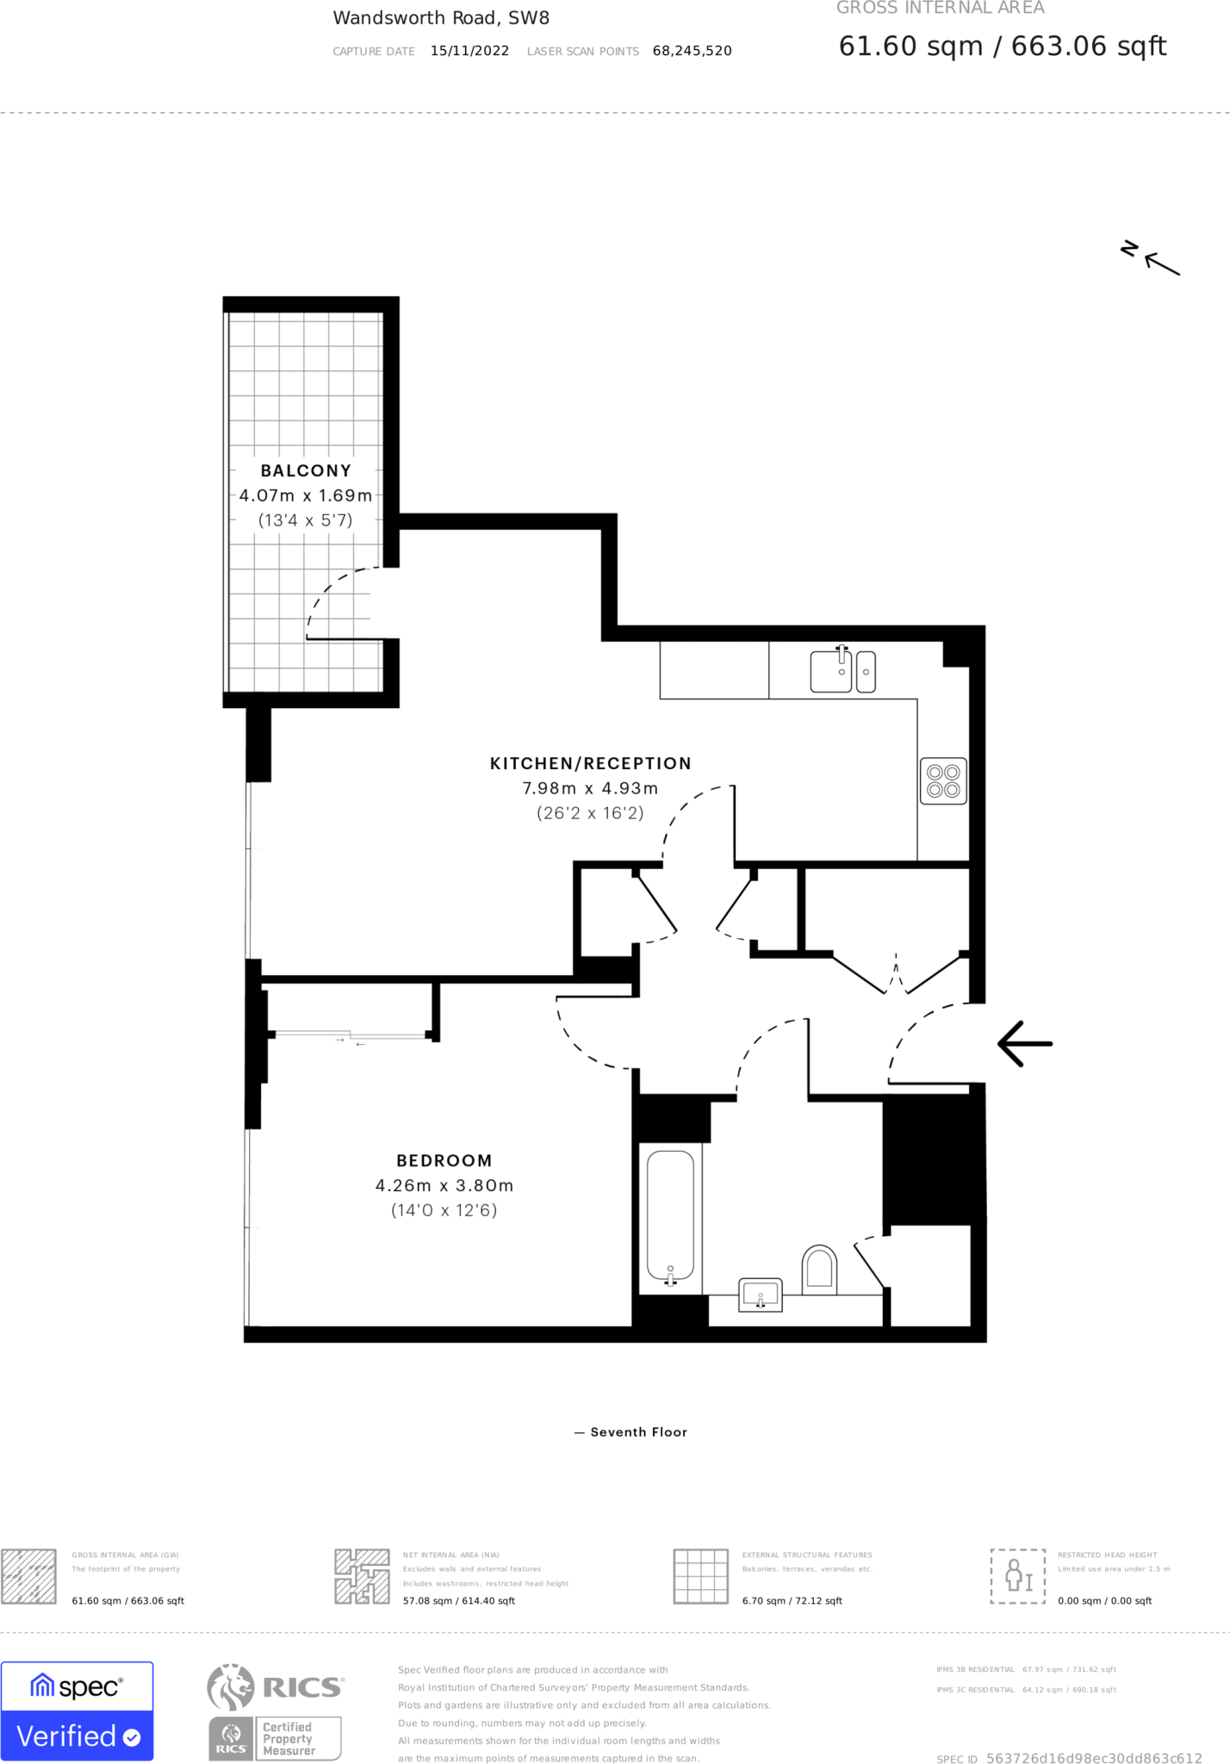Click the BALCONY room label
point(306,471)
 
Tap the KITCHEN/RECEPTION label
point(590,764)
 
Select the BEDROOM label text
point(444,1161)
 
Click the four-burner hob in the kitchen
point(943,781)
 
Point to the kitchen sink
point(831,671)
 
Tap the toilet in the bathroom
point(819,1269)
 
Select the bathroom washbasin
point(761,1295)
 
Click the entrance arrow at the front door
point(1025,1044)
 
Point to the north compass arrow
point(1161,264)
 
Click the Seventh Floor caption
point(638,1432)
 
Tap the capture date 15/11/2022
point(469,51)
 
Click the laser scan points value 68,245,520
point(692,51)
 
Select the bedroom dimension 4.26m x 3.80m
point(444,1186)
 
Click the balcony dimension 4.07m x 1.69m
point(306,496)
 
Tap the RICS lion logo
point(231,1687)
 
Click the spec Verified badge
point(78,1711)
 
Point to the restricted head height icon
point(1017,1575)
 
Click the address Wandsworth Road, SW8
point(441,18)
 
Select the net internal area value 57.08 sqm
point(458,1601)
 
